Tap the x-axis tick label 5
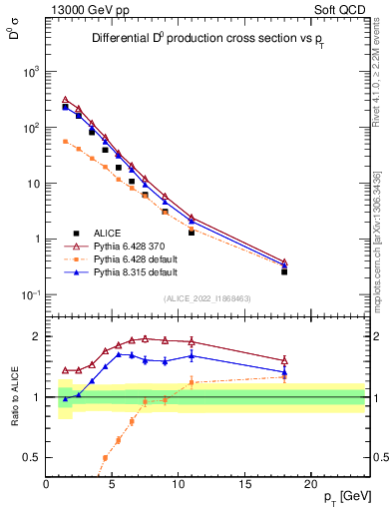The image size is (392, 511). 112,485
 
